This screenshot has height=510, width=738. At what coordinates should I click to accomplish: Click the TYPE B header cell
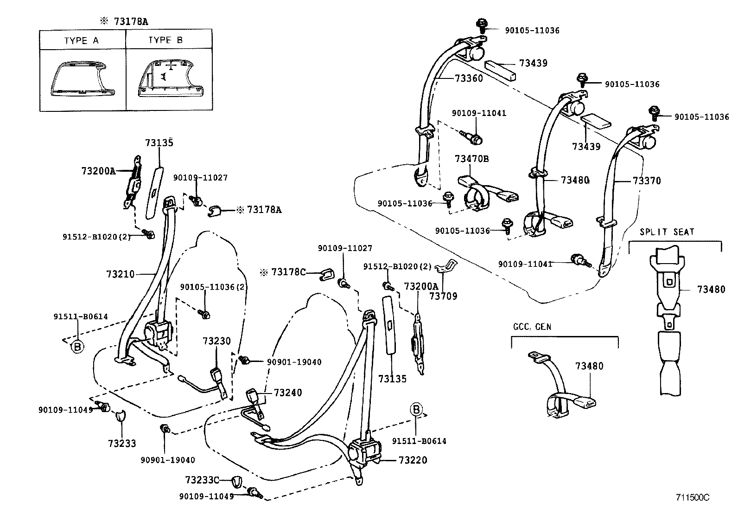(x=165, y=40)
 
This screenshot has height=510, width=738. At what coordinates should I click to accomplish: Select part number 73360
(x=465, y=78)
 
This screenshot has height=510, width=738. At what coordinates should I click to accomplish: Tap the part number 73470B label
(x=471, y=159)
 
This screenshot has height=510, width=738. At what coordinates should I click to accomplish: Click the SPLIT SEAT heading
(x=667, y=232)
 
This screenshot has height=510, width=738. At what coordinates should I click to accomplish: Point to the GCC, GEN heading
(x=532, y=327)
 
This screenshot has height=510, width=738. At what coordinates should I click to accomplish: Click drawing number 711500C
(x=693, y=497)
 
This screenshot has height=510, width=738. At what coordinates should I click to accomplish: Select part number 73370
(x=647, y=181)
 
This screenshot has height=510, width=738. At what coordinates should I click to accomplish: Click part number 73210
(x=120, y=274)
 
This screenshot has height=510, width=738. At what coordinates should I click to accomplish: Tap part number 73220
(x=413, y=460)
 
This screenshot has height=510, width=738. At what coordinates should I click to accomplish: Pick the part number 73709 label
(x=443, y=296)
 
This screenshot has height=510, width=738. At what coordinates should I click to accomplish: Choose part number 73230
(x=216, y=342)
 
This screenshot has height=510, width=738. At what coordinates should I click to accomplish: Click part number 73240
(x=287, y=393)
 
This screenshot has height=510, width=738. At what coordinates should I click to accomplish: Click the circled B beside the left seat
(x=77, y=347)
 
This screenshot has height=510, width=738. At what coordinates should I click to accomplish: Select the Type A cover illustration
(x=82, y=79)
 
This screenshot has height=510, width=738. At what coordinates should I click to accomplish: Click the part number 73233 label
(x=122, y=444)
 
